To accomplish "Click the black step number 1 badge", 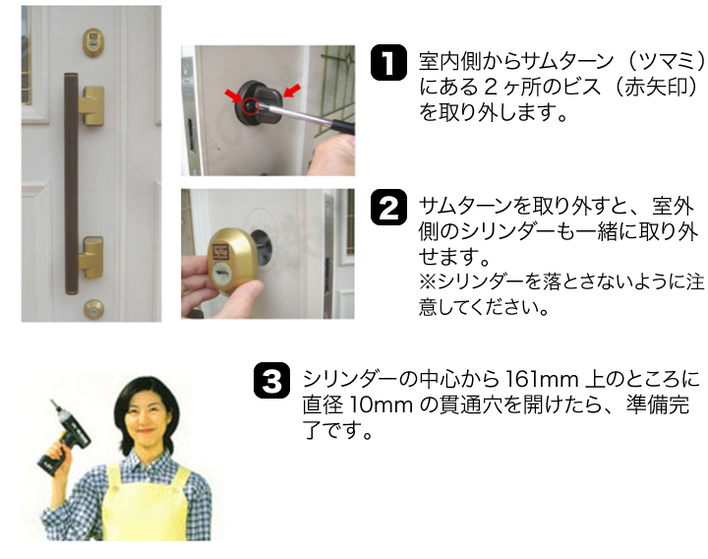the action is (388, 63).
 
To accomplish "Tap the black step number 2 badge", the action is (388, 207).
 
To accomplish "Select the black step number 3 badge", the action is (271, 381).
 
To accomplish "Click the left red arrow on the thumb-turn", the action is (234, 95).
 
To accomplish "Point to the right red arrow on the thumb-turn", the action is (292, 91).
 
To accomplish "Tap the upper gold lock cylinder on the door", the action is (93, 42).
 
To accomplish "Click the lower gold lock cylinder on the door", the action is (94, 309).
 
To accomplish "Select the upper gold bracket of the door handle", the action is (90, 105).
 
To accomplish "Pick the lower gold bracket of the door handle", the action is (90, 257).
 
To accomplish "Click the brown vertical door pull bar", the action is (71, 183).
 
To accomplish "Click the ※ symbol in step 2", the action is (427, 281).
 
